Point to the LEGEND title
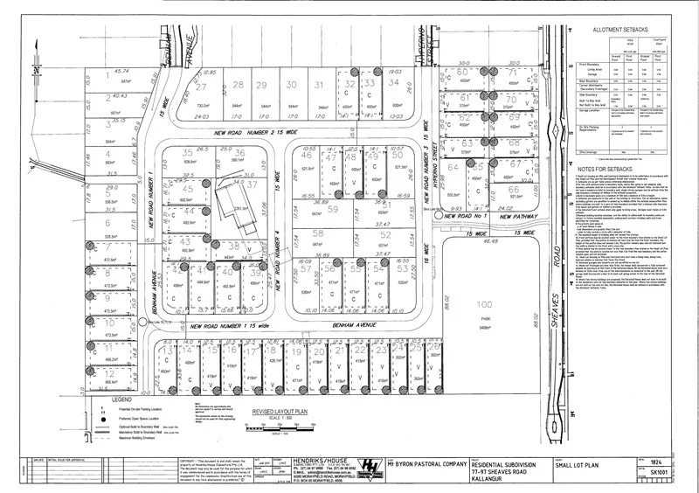(109, 399)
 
